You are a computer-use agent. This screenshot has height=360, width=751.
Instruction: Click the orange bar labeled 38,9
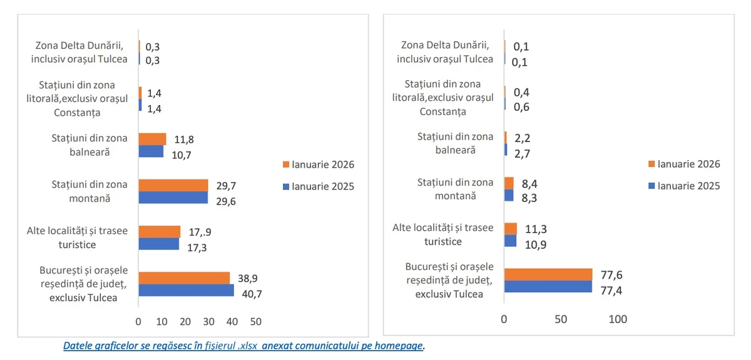tap(184, 278)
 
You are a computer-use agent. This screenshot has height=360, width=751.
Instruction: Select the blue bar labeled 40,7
tap(186, 290)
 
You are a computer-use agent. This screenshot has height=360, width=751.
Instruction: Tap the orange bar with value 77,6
tap(548, 274)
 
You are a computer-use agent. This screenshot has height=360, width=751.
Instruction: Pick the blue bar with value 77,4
tap(548, 286)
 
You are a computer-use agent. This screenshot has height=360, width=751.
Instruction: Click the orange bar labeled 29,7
tap(173, 185)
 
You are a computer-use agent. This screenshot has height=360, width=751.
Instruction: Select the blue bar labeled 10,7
tap(151, 152)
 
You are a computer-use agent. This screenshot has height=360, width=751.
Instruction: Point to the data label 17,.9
tap(200, 232)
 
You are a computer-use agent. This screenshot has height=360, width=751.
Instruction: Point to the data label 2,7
tap(522, 150)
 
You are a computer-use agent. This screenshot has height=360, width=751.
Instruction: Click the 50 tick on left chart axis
tap(255, 321)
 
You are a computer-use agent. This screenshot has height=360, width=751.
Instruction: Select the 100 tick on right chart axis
tap(618, 319)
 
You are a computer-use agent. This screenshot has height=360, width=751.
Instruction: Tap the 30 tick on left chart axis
tap(208, 321)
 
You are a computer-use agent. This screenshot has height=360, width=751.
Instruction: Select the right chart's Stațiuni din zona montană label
tap(446, 188)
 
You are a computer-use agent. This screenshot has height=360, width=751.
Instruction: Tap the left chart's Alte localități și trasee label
tap(77, 237)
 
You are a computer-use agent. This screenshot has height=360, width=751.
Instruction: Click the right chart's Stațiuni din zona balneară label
tap(446, 143)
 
